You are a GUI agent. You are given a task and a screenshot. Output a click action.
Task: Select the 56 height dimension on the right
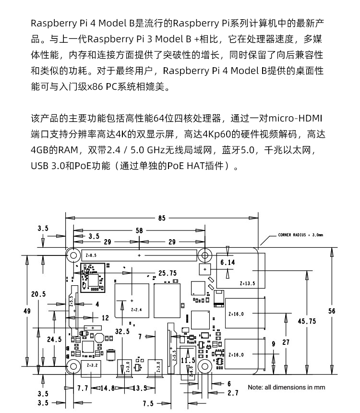pos(332,311)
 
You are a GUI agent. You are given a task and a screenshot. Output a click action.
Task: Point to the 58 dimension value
pos(139,231)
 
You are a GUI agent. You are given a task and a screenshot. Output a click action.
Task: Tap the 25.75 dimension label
pos(168,273)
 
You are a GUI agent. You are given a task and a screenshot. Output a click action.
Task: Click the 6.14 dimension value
pos(228,263)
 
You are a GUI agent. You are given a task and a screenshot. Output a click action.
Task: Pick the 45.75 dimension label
pos(307,321)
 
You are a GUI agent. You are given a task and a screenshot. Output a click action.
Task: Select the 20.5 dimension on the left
pos(38,294)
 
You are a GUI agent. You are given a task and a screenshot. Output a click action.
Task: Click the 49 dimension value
pos(27,311)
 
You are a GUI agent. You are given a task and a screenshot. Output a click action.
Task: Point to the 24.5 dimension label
pos(54,339)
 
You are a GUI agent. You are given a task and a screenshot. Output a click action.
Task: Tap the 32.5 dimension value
pos(122,331)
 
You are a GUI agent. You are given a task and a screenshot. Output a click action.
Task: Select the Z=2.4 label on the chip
pos(136,310)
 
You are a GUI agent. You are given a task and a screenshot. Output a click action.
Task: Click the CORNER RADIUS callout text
pos(300,235)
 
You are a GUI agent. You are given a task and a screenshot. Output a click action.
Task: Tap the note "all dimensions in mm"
pos(287,387)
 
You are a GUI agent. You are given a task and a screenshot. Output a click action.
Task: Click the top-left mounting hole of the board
pos(73,255)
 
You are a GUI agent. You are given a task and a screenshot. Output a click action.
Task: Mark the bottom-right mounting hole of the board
pos(204,366)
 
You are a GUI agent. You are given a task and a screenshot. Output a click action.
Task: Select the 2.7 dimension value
pos(232,393)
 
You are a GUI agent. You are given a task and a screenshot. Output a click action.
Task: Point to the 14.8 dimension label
pos(107,388)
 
